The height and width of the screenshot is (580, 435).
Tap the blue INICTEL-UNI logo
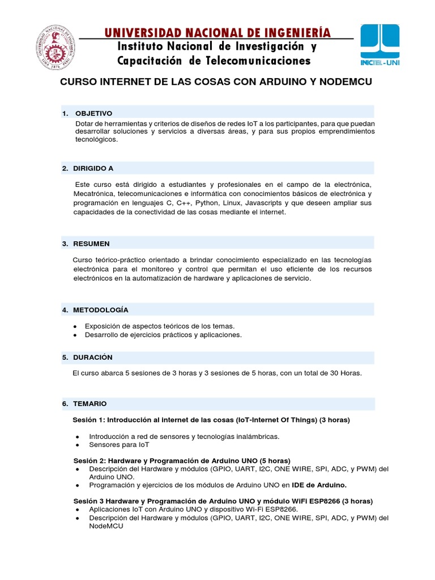coord(380,45)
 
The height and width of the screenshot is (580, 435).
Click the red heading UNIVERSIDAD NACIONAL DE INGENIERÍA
coord(217,32)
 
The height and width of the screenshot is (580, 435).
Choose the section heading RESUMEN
coord(91,244)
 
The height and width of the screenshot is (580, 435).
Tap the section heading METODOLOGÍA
coord(101,310)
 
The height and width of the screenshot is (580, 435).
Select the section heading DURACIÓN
coord(93,357)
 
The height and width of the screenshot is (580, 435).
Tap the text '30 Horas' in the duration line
coord(346,373)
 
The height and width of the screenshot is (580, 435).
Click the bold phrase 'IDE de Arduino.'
coord(319,485)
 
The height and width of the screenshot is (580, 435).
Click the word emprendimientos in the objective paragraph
coord(342,131)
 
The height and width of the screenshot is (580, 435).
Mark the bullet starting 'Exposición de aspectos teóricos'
coord(159,326)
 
